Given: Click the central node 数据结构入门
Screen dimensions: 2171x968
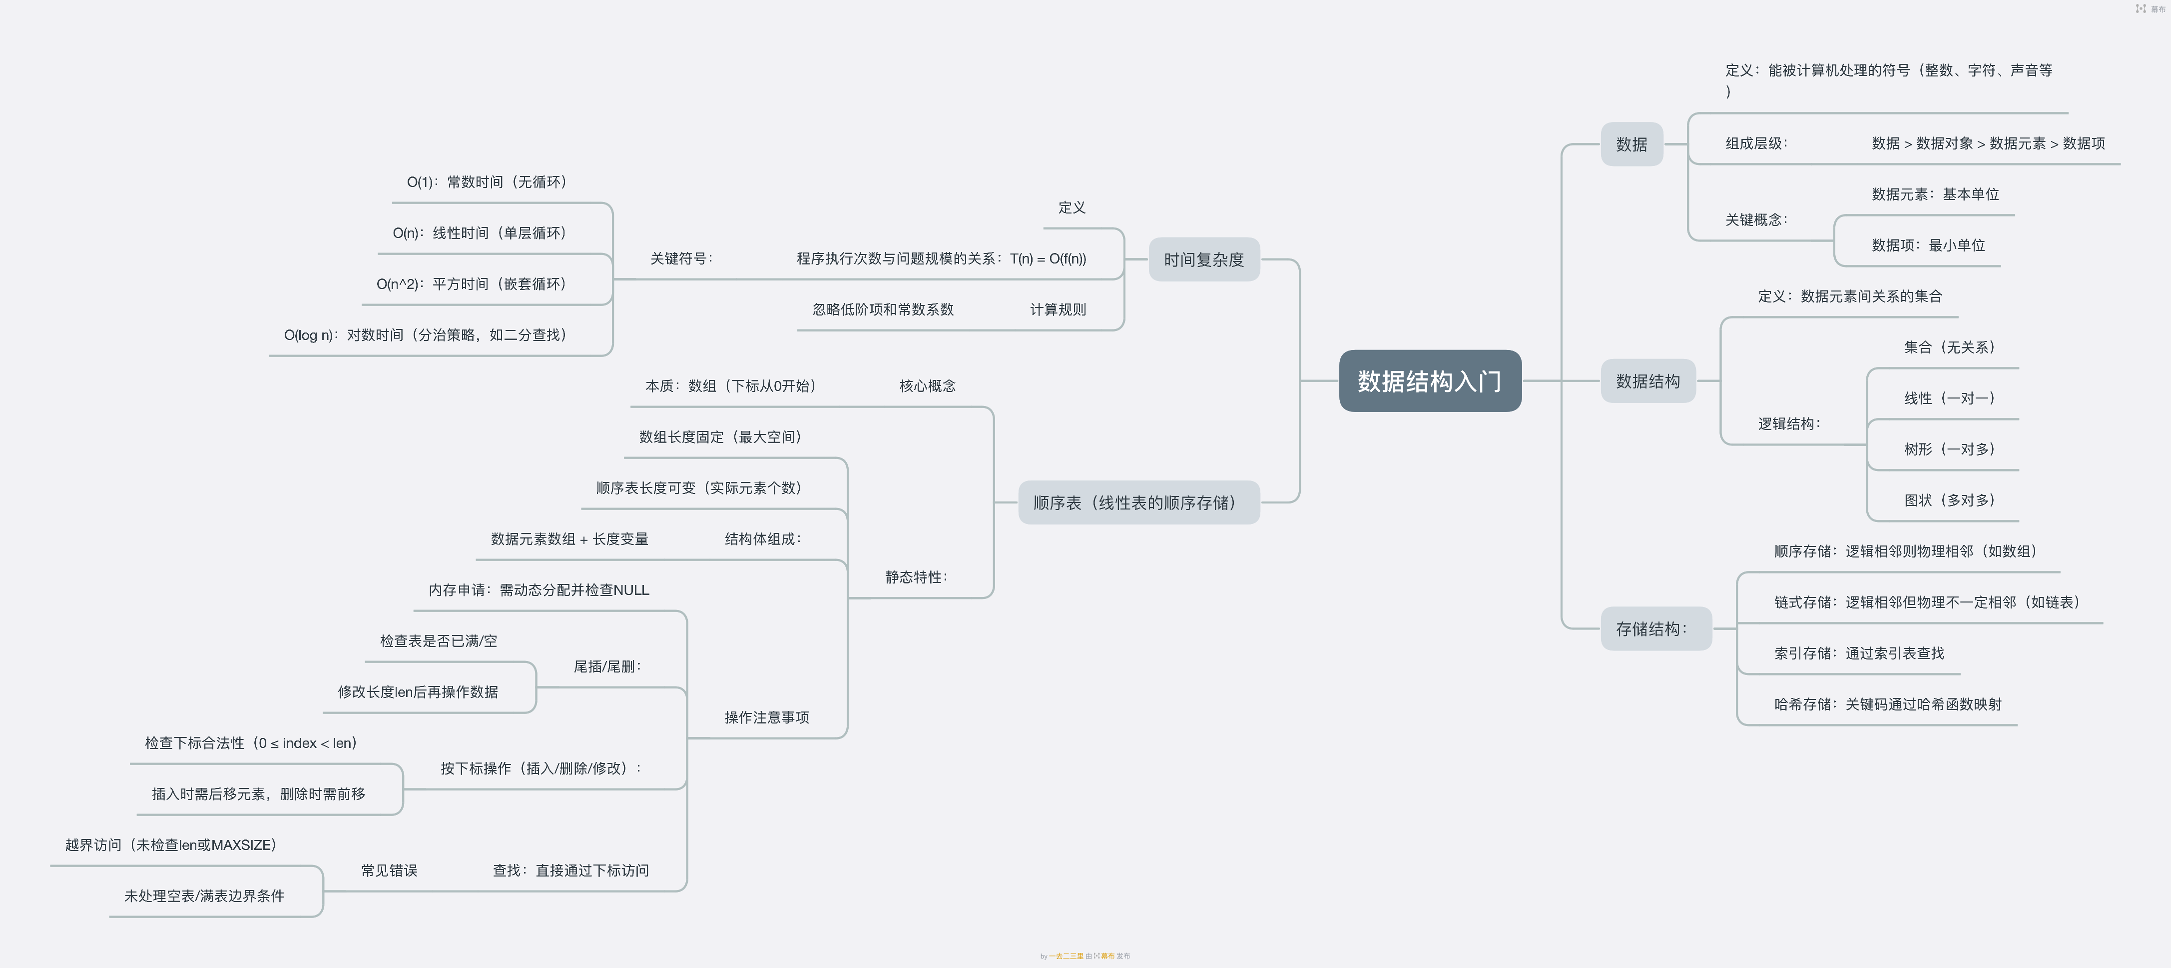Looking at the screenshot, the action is (x=1429, y=381).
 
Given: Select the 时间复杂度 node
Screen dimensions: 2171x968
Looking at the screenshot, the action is (x=1203, y=259).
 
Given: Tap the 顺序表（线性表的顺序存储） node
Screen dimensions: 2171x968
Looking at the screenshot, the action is (x=1138, y=502).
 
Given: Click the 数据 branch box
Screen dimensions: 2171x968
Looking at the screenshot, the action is (x=1631, y=144).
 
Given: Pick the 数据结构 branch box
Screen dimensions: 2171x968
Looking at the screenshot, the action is (x=1647, y=381).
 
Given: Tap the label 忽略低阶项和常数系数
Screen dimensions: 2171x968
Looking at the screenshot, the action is (x=882, y=309).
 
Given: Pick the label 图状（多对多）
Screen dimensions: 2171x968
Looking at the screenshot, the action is (x=1949, y=500).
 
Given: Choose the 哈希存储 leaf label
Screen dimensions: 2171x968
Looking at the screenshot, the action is (x=1887, y=704).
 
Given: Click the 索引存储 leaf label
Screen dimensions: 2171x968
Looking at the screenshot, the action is (x=1858, y=653).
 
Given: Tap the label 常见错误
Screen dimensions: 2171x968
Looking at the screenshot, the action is (x=389, y=870).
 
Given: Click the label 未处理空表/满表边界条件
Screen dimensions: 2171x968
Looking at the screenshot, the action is (x=204, y=895).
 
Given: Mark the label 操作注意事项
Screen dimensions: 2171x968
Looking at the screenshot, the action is (x=766, y=717).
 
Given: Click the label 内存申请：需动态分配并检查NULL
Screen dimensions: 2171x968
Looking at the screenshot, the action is (x=539, y=590).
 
